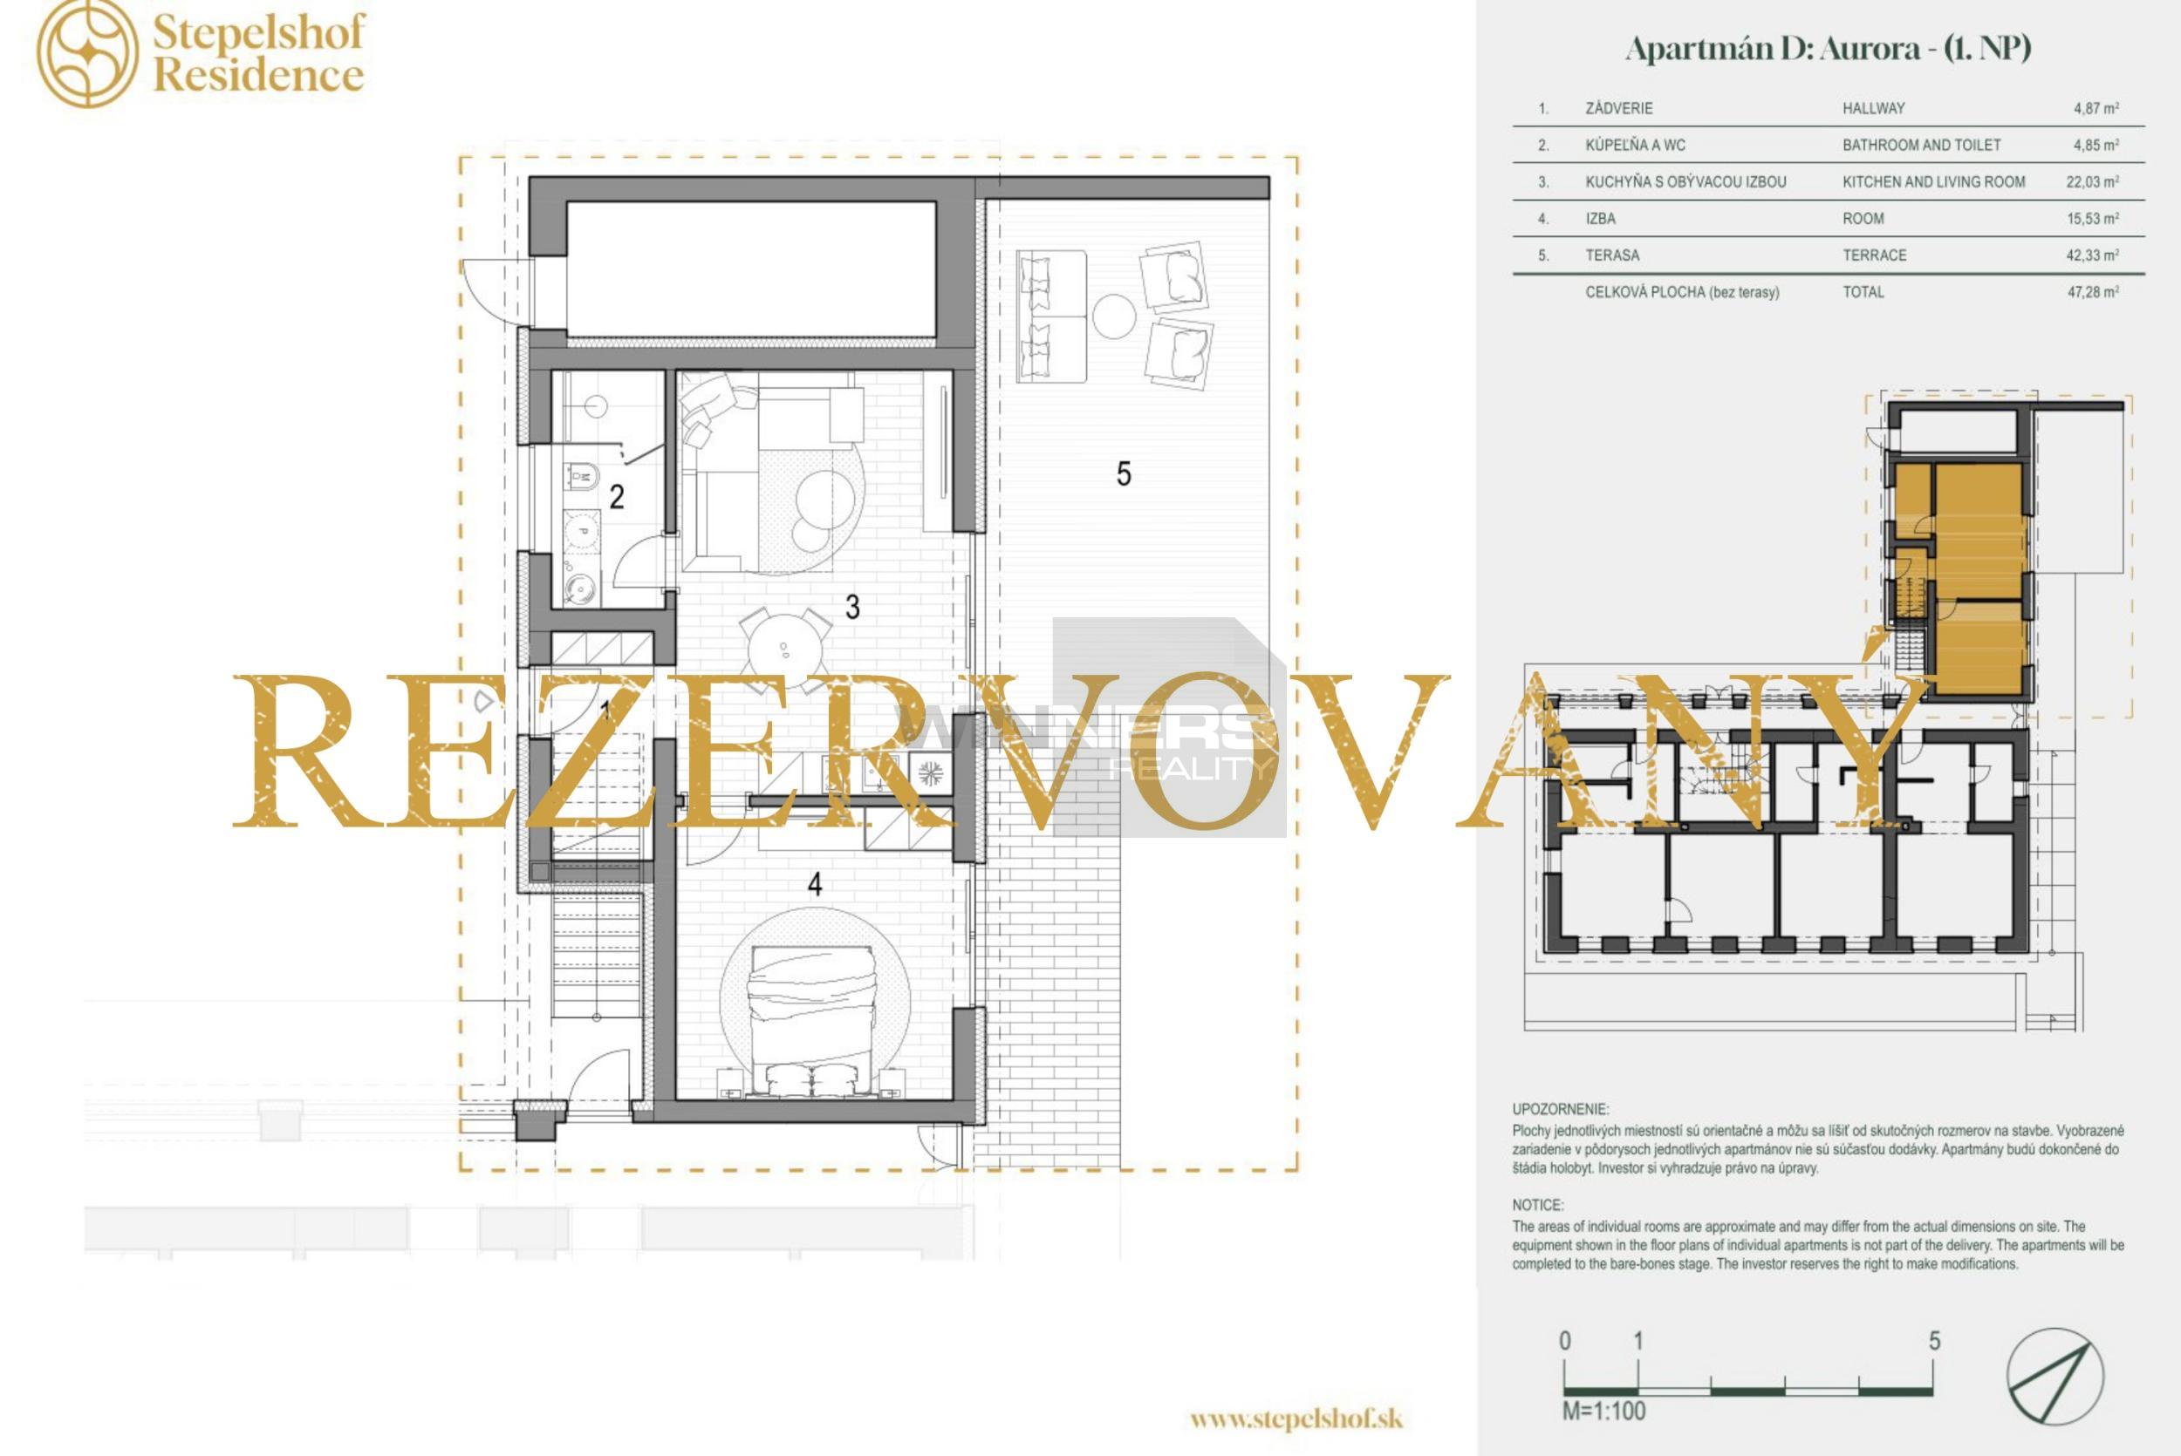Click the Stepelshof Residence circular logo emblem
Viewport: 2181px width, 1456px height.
pyautogui.click(x=87, y=53)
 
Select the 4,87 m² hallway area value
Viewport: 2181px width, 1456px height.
pyautogui.click(x=2096, y=109)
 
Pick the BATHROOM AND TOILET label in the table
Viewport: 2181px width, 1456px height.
pyautogui.click(x=1922, y=145)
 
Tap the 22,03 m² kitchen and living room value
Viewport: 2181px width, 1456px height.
pyautogui.click(x=2093, y=182)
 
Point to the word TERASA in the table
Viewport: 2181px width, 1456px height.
pyautogui.click(x=1611, y=255)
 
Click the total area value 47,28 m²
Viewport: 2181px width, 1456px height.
pyautogui.click(x=2093, y=291)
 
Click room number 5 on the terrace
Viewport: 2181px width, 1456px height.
pyautogui.click(x=1124, y=474)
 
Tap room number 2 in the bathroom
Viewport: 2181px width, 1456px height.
pyautogui.click(x=617, y=497)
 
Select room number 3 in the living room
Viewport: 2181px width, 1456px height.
pyautogui.click(x=852, y=608)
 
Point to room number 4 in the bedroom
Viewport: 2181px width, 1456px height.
pyautogui.click(x=815, y=884)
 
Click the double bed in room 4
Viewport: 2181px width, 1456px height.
pyautogui.click(x=812, y=1022)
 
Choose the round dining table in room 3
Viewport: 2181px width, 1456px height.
pyautogui.click(x=786, y=647)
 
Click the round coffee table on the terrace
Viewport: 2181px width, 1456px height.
pyautogui.click(x=1114, y=316)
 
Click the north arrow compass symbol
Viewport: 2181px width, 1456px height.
pyautogui.click(x=2055, y=1376)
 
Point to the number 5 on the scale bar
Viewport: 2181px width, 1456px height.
pyautogui.click(x=1934, y=1341)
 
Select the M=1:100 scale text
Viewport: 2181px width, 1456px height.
pyautogui.click(x=1603, y=1412)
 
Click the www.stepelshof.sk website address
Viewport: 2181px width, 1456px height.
pyautogui.click(x=1296, y=1419)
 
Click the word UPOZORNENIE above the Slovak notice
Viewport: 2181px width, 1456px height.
pyautogui.click(x=1561, y=1109)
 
